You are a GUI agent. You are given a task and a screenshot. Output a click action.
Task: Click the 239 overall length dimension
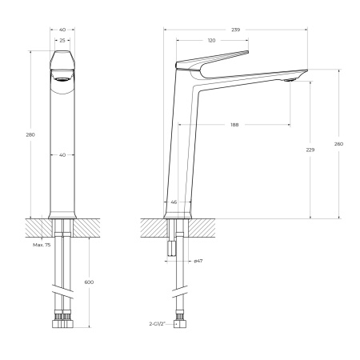click(235, 30)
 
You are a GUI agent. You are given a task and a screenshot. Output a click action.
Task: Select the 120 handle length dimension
click(212, 40)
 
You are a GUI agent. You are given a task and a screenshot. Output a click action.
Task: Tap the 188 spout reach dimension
click(234, 125)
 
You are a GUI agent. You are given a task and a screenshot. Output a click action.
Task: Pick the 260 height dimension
click(338, 144)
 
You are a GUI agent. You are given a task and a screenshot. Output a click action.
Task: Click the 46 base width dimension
click(174, 202)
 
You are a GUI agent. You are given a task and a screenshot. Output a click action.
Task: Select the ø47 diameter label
click(197, 262)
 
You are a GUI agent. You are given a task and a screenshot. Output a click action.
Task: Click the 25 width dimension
click(62, 40)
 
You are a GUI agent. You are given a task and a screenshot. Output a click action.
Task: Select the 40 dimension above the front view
click(62, 30)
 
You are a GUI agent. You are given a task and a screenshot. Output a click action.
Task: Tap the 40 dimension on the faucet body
click(62, 155)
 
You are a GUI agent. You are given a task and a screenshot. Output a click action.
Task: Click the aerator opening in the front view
click(62, 79)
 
